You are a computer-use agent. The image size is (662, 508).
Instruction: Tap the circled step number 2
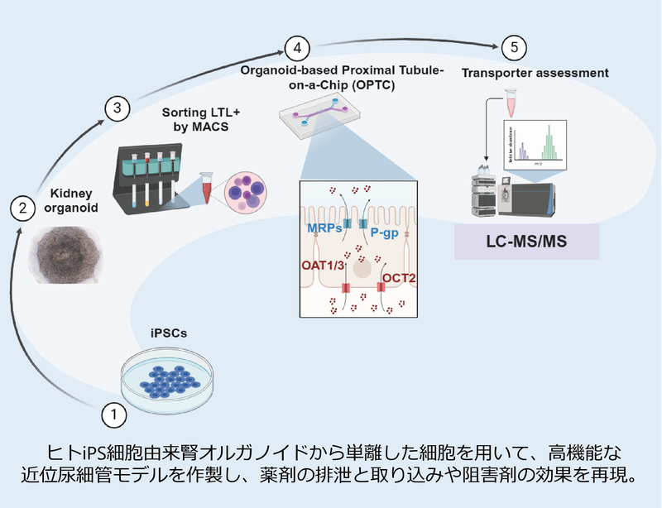22,208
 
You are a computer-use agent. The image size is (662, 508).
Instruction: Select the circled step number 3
118,108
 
